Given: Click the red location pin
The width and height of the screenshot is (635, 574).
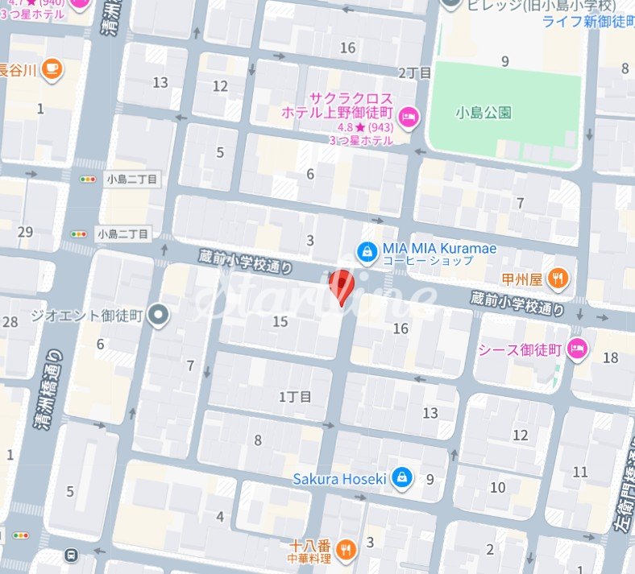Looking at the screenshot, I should click(342, 286).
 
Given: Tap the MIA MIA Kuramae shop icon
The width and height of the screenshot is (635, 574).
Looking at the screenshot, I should click(367, 250).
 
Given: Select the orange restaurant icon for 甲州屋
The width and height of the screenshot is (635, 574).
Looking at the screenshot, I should click(557, 279).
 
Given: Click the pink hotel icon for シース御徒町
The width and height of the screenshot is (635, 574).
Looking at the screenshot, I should click(578, 349).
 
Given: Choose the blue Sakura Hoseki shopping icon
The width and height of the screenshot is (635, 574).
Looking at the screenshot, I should click(402, 479).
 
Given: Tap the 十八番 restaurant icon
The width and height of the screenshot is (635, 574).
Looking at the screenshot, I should click(346, 549).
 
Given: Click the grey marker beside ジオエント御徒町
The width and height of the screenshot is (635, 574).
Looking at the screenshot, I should click(159, 315).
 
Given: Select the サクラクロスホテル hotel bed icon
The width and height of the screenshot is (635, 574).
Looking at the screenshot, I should click(409, 118).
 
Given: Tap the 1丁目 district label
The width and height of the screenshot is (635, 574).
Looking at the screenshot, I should click(295, 396).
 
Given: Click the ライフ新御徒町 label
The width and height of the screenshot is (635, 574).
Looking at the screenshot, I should click(587, 21).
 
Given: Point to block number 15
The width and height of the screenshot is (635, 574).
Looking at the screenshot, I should click(280, 322).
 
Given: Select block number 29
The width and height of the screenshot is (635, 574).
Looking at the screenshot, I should click(26, 232).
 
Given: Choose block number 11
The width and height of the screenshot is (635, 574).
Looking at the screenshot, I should click(579, 472).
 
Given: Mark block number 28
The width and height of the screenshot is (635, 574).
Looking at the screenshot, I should click(10, 322).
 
